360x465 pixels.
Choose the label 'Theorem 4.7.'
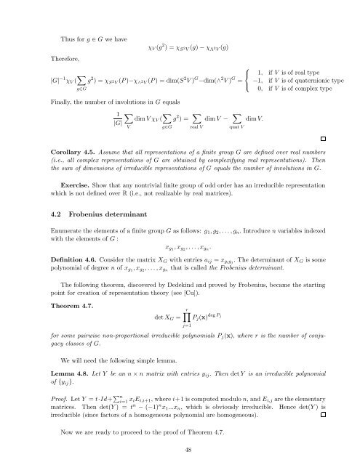click(61, 316)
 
